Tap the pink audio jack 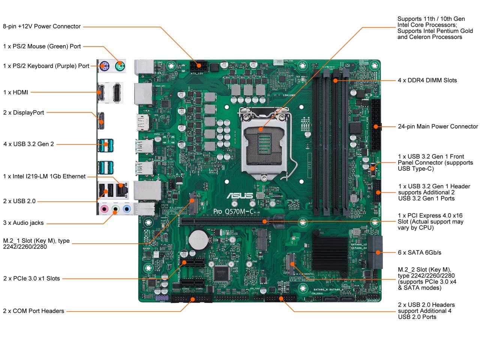[105, 208]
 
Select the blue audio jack [126, 208]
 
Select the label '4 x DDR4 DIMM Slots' [427, 80]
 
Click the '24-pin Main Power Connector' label [438, 126]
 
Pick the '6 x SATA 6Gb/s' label [419, 252]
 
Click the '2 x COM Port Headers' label [33, 311]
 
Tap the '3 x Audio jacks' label [23, 223]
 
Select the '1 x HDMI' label [15, 92]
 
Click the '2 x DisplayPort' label [24, 112]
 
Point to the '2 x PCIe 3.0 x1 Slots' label [31, 278]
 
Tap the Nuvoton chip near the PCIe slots [220, 273]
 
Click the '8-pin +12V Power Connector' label [42, 26]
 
